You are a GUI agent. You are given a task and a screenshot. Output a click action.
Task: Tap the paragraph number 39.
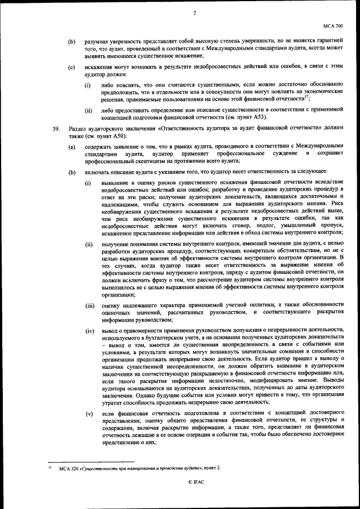pyautogui.click(x=56, y=129)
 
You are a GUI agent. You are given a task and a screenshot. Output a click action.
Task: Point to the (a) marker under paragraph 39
pyautogui.click(x=71, y=147)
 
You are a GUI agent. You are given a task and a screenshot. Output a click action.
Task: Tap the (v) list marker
pyautogui.click(x=89, y=414)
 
